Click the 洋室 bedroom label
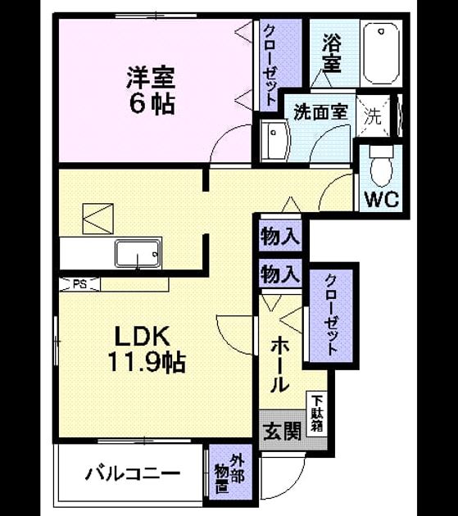click(x=151, y=78)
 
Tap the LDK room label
click(x=143, y=336)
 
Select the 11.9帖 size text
click(x=147, y=362)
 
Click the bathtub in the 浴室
click(x=381, y=53)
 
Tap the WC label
click(x=382, y=199)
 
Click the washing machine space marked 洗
click(x=373, y=115)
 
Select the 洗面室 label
click(x=320, y=112)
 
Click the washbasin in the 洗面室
click(x=274, y=141)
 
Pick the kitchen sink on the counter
click(x=138, y=253)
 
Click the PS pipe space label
click(x=79, y=284)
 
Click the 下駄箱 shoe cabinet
click(x=317, y=414)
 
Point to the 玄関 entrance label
click(x=283, y=431)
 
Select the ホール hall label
click(x=280, y=364)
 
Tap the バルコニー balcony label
click(x=133, y=474)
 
